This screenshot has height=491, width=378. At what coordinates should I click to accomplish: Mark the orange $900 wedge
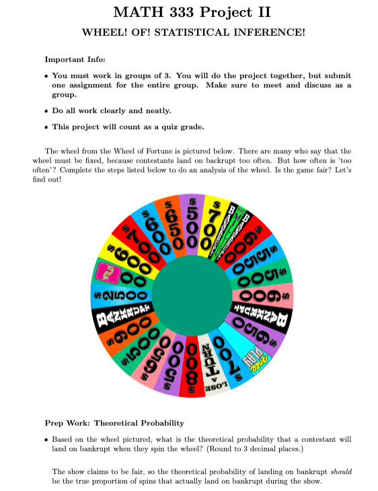pos(122,338)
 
